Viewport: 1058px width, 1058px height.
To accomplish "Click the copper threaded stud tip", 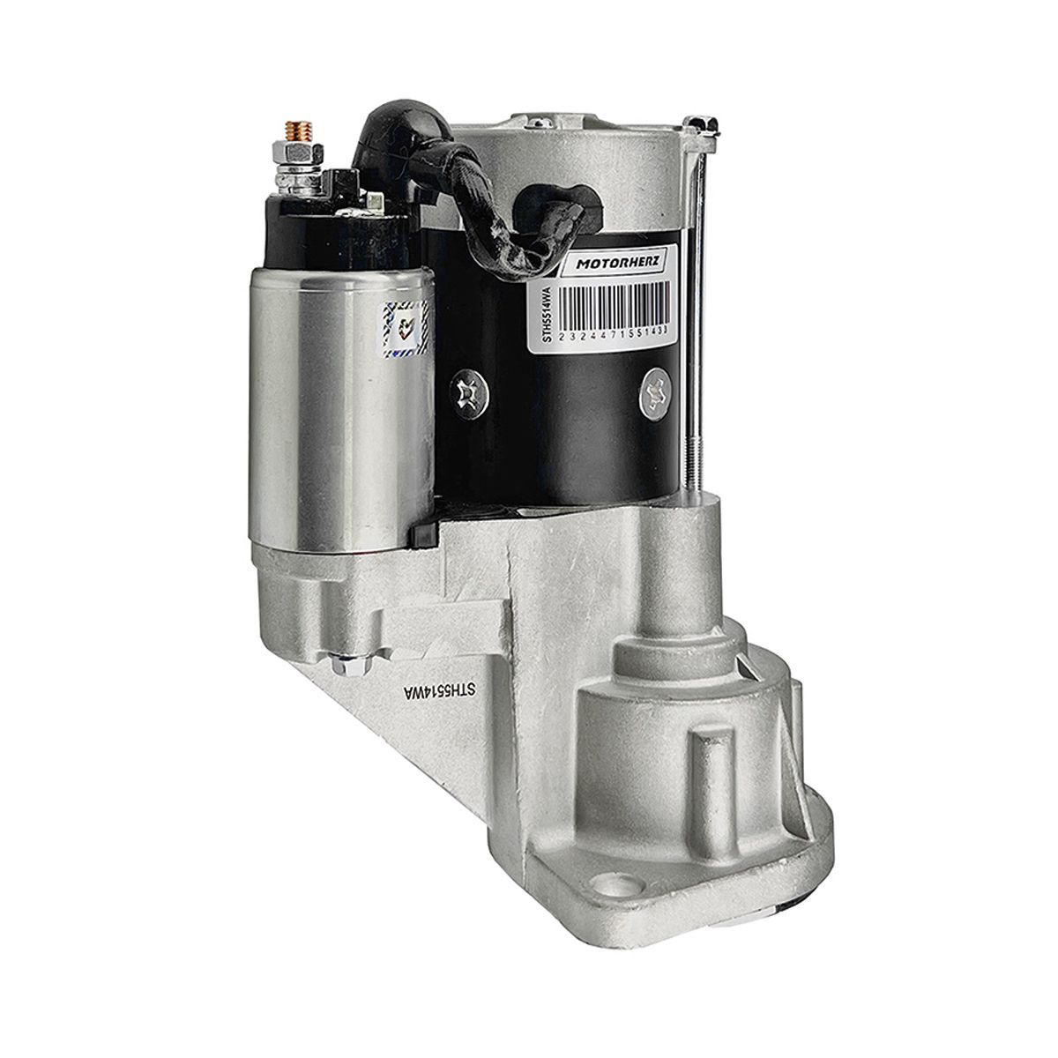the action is pyautogui.click(x=299, y=130).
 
